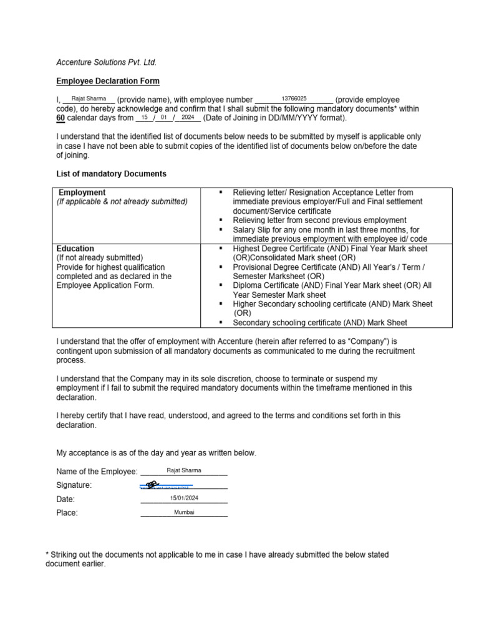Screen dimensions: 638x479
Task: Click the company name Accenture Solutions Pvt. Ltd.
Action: click(106, 62)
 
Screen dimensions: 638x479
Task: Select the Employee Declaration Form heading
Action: click(108, 81)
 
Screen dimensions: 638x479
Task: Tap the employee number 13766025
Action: click(294, 99)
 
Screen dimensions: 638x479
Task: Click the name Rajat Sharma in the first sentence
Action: click(89, 99)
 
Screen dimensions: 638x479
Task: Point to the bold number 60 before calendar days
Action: click(60, 118)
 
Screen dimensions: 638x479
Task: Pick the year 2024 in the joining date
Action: click(188, 117)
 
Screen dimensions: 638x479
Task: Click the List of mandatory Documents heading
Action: click(111, 174)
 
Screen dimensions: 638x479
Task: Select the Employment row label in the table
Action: click(82, 193)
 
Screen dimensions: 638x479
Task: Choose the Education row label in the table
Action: click(75, 249)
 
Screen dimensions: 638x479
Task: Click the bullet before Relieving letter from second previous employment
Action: click(221, 221)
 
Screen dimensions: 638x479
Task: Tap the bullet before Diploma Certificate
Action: click(221, 285)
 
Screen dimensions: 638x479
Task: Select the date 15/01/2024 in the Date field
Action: click(184, 498)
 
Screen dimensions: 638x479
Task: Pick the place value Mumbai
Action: click(184, 512)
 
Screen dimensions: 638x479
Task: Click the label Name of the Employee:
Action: click(97, 472)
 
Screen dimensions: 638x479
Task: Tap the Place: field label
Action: click(67, 513)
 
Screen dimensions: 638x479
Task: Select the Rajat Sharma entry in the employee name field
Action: click(184, 470)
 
